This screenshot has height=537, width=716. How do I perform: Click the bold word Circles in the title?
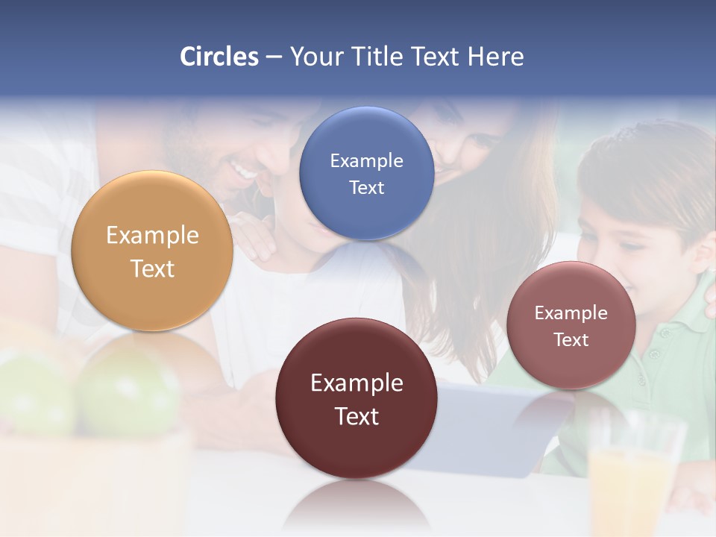tap(219, 57)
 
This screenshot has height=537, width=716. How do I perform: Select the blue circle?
tap(366, 173)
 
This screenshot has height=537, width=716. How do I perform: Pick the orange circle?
tap(152, 251)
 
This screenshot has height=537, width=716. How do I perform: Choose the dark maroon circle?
tap(357, 398)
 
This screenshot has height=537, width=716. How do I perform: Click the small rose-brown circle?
tap(571, 325)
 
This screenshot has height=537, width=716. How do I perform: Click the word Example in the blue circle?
tap(366, 160)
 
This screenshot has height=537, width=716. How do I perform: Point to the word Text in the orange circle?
tap(152, 268)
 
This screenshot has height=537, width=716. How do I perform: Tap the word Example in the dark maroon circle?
tap(357, 383)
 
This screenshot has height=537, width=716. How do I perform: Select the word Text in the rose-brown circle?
tap(571, 340)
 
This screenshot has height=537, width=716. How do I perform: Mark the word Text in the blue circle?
tap(366, 187)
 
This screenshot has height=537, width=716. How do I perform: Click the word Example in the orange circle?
tap(152, 235)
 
